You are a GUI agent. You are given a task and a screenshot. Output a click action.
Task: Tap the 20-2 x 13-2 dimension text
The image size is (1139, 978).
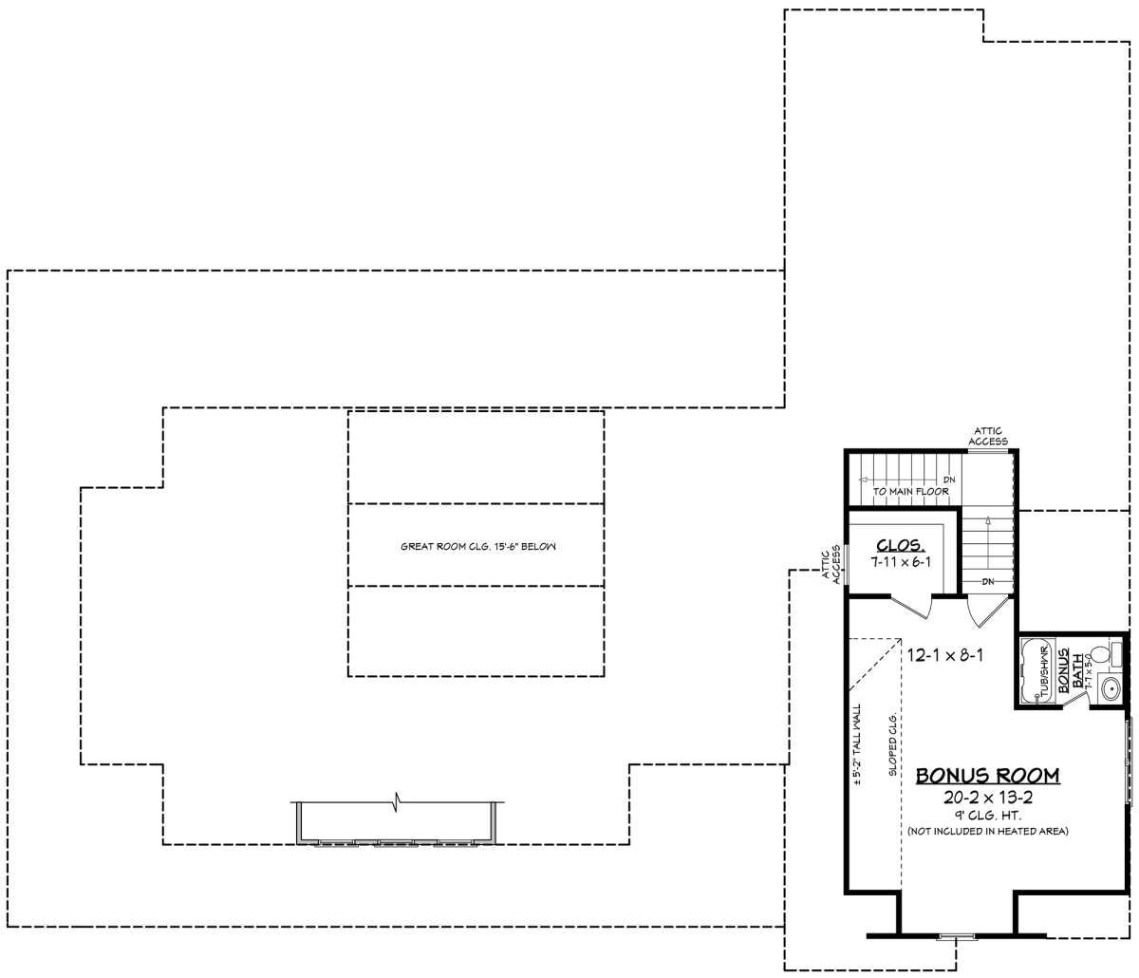tap(988, 798)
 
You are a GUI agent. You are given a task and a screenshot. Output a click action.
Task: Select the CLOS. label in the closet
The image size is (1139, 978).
tap(900, 545)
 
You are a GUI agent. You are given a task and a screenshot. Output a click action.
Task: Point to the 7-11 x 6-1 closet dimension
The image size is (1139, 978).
tap(901, 562)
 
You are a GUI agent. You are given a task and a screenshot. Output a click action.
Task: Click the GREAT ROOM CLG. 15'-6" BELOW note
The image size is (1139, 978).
tap(477, 547)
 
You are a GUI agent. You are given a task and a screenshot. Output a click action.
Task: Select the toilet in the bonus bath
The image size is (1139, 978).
tap(1102, 654)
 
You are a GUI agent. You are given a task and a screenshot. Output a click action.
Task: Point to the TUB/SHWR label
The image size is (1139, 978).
tap(1042, 670)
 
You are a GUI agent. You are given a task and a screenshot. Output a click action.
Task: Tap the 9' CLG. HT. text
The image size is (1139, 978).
tap(988, 816)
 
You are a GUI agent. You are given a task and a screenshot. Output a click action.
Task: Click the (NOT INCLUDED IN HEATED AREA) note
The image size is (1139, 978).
tap(988, 832)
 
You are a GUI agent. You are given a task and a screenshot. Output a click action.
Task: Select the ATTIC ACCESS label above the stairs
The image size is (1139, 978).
tap(987, 437)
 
